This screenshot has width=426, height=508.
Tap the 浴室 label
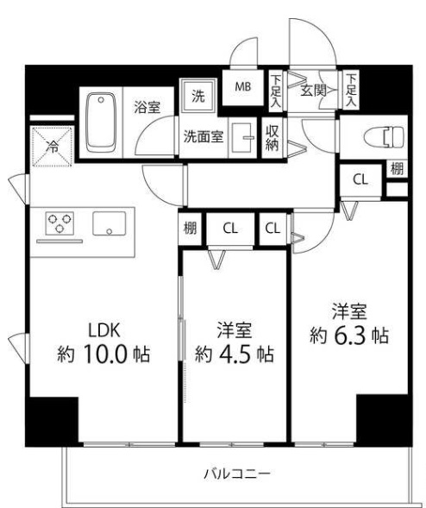(x=147, y=108)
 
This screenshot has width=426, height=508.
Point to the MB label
(x=243, y=85)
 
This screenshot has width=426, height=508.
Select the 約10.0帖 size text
(x=103, y=353)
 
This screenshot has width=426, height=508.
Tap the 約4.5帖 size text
(x=235, y=353)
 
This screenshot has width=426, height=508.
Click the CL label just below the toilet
(x=359, y=179)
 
